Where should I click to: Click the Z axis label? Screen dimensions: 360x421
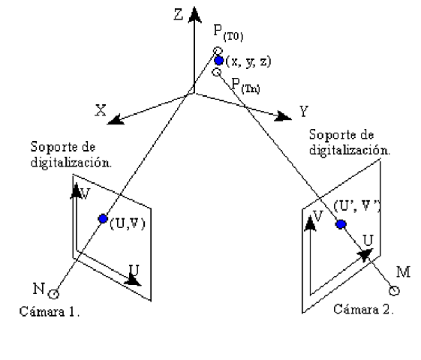pyautogui.click(x=177, y=14)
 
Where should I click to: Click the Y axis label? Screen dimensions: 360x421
pyautogui.click(x=304, y=112)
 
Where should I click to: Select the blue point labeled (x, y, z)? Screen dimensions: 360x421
pyautogui.click(x=218, y=61)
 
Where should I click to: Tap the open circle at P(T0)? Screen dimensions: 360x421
pyautogui.click(x=217, y=51)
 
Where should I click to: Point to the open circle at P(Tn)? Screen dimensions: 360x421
pyautogui.click(x=216, y=73)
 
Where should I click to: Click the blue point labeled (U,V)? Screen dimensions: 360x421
pyautogui.click(x=103, y=218)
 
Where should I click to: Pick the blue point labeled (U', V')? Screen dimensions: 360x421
pyautogui.click(x=341, y=223)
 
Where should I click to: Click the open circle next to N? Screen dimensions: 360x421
pyautogui.click(x=53, y=294)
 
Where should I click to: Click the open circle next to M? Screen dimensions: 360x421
pyautogui.click(x=393, y=291)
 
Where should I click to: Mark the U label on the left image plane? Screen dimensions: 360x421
pyautogui.click(x=134, y=268)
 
